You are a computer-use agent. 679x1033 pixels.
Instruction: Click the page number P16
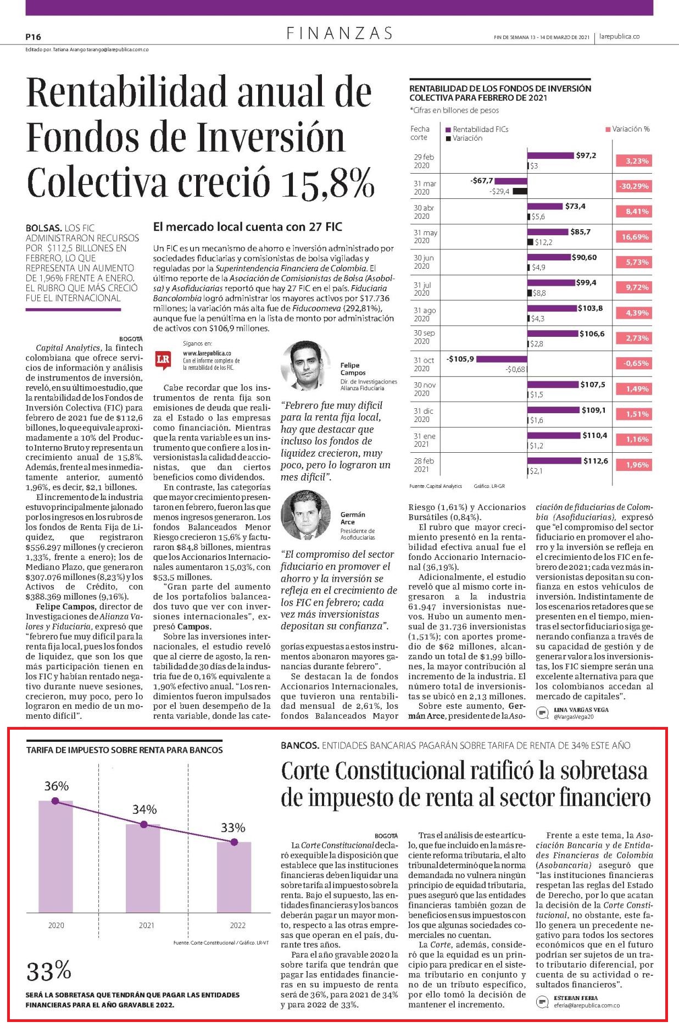tap(34, 37)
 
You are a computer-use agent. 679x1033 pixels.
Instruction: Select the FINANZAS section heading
tap(340, 34)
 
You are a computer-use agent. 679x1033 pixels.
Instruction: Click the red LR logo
tap(163, 359)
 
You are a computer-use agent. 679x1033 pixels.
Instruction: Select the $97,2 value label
tap(586, 155)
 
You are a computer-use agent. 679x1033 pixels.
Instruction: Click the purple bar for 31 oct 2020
tap(502, 359)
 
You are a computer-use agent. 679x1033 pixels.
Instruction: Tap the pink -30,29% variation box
tap(634, 186)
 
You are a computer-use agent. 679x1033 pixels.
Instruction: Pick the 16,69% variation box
tap(634, 237)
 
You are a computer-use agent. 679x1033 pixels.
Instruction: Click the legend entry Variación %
tap(627, 129)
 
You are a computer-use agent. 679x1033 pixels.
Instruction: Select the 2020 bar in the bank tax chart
tap(55, 857)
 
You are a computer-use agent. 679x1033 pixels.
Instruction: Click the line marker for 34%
tap(144, 824)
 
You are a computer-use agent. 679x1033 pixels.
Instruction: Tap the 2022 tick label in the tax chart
tap(237, 925)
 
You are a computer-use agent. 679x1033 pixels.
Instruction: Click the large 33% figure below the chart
tap(49, 971)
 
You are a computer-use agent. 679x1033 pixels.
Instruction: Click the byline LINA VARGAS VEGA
tap(574, 710)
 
